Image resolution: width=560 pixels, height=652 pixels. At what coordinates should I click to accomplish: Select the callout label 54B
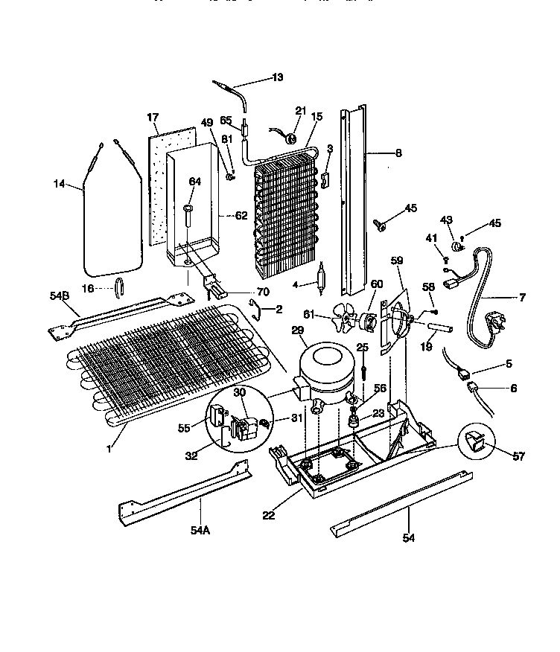[x=60, y=295]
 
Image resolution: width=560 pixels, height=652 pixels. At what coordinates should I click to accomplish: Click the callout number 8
[x=398, y=153]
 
